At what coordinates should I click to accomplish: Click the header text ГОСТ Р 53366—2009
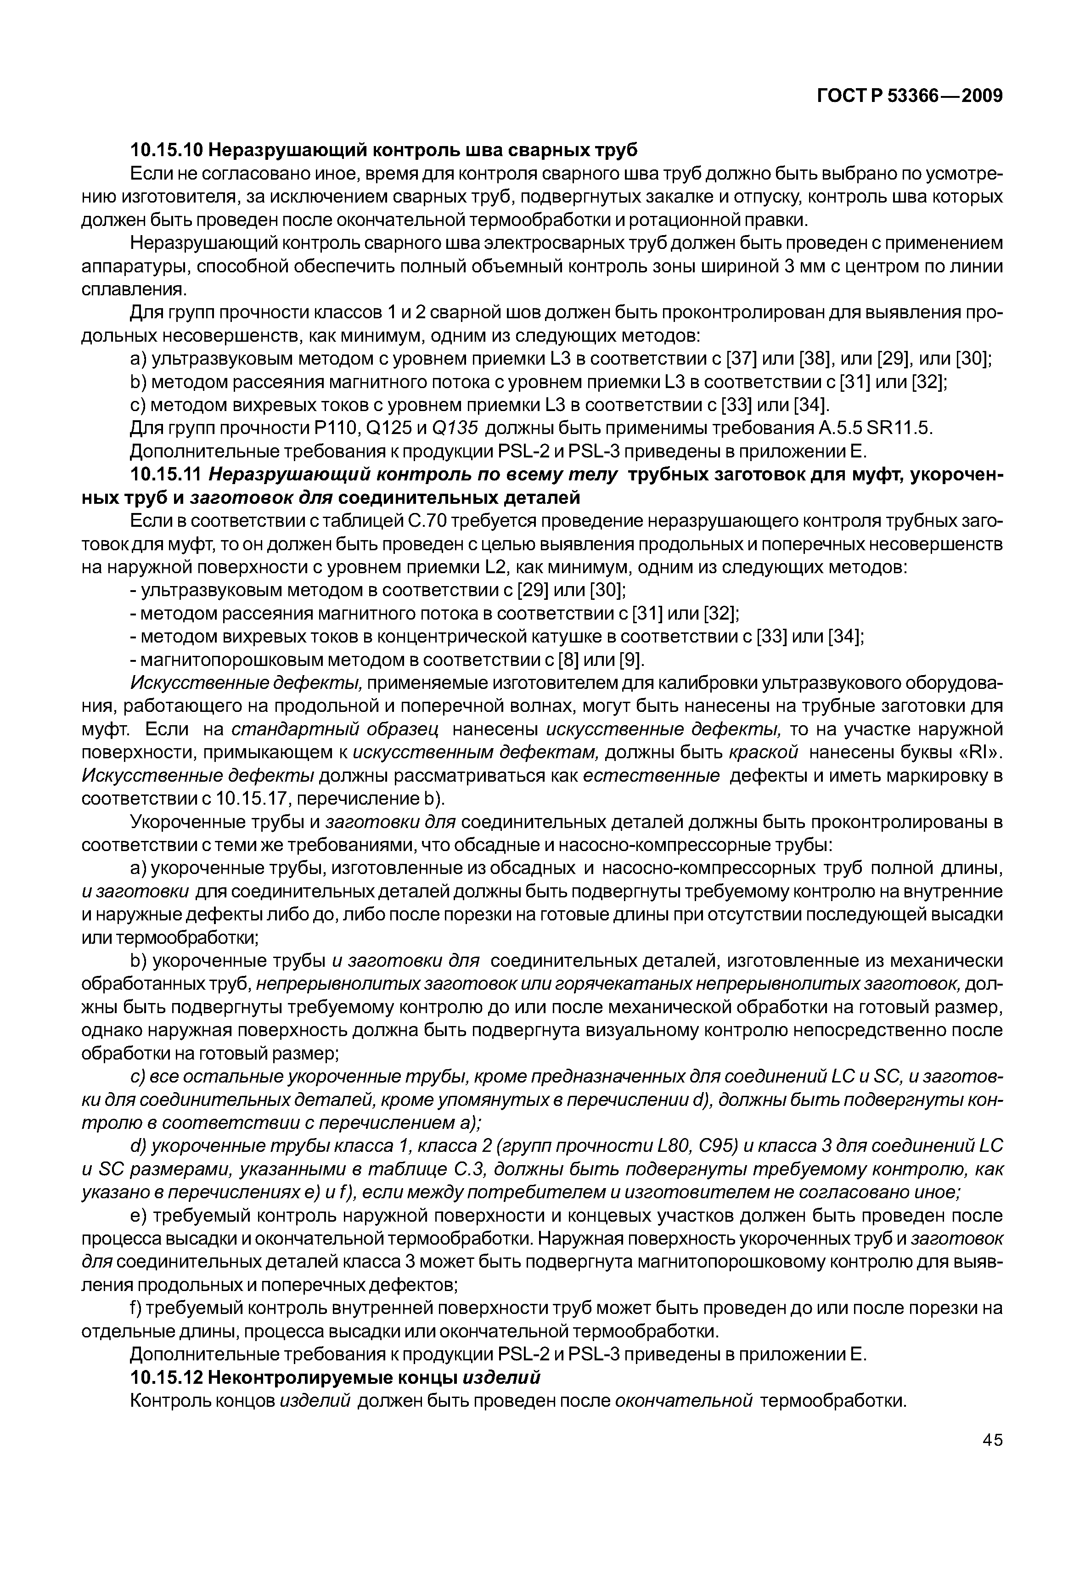pyautogui.click(x=909, y=96)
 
